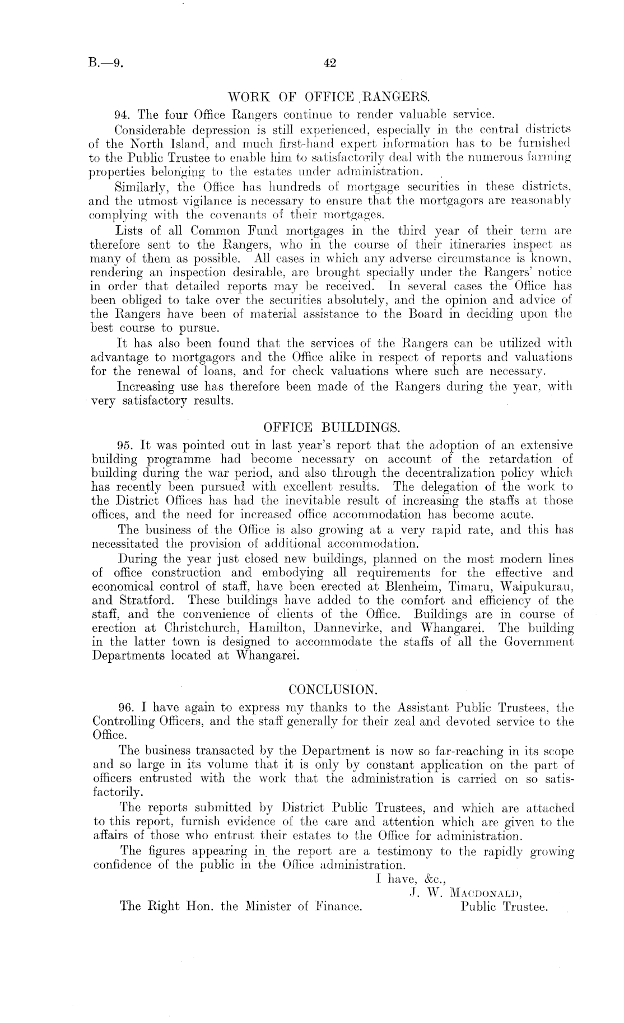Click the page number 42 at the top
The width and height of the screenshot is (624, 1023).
coord(329,63)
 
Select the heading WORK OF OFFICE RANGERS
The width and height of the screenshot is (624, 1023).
coord(331,101)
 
